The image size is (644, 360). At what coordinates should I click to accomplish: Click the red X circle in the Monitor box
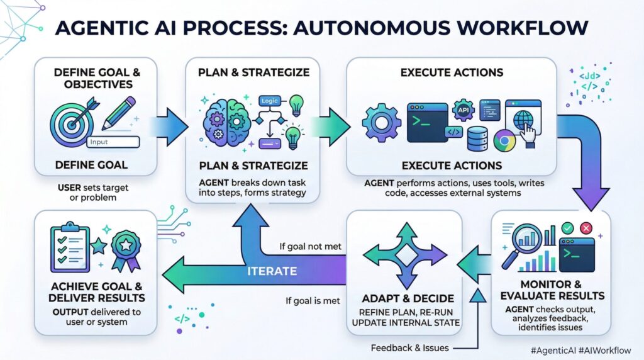pos(587,228)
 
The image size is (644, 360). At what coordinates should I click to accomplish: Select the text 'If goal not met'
pos(310,246)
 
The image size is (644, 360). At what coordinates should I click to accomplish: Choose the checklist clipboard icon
pos(70,246)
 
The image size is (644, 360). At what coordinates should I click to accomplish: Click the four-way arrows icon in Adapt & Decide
pos(404,255)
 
